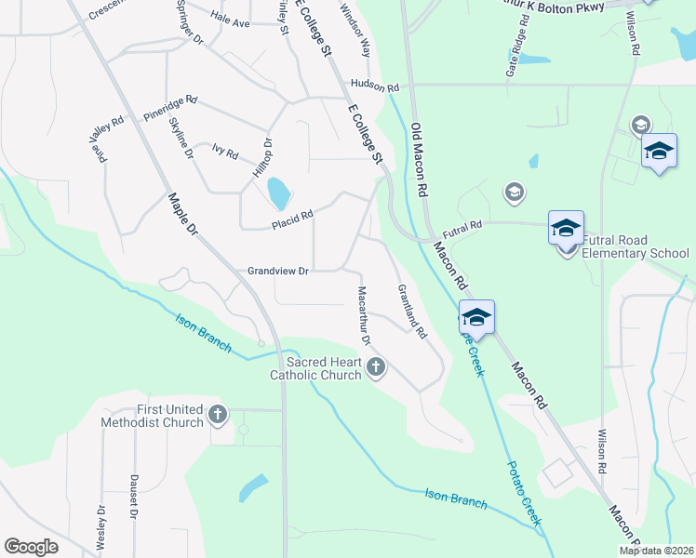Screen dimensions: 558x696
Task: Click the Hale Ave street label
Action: [230, 20]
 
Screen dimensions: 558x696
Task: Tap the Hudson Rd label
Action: [375, 85]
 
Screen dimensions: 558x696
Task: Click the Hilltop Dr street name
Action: [261, 158]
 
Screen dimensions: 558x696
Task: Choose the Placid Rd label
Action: [292, 219]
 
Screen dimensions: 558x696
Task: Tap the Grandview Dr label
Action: [277, 271]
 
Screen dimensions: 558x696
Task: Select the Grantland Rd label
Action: [410, 310]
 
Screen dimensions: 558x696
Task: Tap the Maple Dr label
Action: [184, 213]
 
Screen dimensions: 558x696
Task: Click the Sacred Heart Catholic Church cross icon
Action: [376, 367]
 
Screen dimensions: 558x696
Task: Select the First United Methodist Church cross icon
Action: [218, 415]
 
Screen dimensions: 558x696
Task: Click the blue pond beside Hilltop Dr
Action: [278, 193]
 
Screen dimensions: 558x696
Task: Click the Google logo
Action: [31, 547]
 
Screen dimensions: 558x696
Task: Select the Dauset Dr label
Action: [134, 509]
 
